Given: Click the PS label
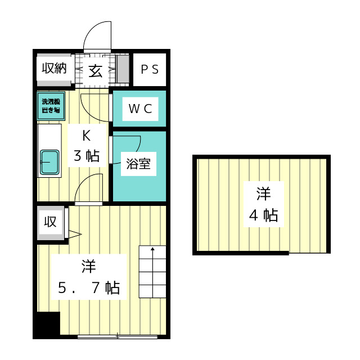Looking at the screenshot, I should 150,70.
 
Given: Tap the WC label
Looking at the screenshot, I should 140,109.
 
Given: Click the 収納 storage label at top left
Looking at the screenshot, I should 54,69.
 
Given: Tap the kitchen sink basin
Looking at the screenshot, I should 50,161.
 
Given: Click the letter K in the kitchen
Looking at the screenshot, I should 87,136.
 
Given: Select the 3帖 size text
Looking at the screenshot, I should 87,155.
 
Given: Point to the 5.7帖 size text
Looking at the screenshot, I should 89,288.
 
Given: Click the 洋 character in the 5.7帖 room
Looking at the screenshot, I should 88,266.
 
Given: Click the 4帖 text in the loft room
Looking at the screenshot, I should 263,215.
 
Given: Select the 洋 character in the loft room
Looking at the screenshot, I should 263,195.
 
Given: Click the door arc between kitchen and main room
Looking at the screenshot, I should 89,186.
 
